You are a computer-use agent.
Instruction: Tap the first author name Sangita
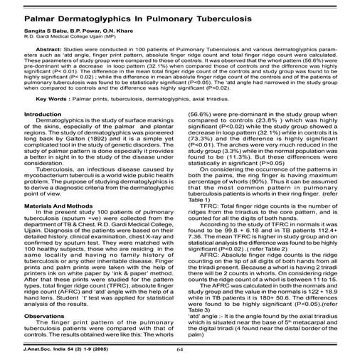coord(18,33)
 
